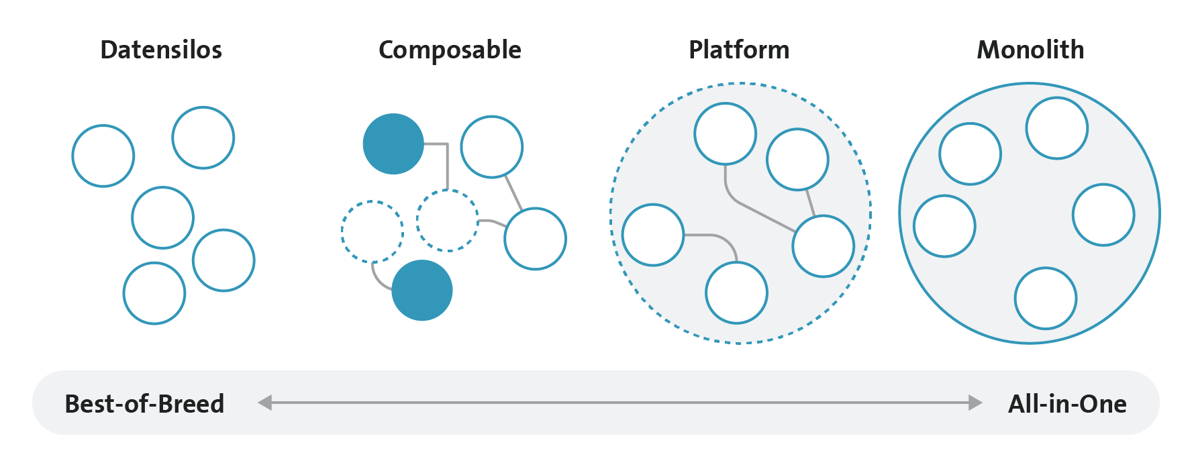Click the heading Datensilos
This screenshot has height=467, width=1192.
(161, 50)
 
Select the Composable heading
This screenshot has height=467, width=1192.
(450, 50)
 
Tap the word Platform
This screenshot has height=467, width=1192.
(739, 50)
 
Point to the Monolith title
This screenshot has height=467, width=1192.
(1030, 50)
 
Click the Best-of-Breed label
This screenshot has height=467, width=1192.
(144, 404)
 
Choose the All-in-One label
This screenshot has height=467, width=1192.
(1067, 404)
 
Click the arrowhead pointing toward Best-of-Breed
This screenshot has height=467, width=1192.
(265, 403)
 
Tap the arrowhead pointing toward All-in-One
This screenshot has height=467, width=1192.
(975, 403)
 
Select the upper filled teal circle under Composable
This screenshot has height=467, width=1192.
(393, 144)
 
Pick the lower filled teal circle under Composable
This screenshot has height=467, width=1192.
(422, 290)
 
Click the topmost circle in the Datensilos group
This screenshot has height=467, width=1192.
(203, 107)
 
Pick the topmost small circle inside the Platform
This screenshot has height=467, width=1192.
(726, 103)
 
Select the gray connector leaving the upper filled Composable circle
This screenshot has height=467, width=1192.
(447, 161)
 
